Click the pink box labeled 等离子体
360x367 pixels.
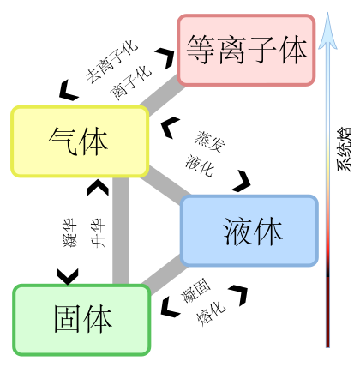(246, 50)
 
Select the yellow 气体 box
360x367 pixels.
(80, 141)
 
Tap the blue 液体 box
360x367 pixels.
(249, 231)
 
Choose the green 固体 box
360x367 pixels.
(81, 320)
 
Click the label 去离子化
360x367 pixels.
(112, 63)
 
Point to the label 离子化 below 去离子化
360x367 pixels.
(130, 83)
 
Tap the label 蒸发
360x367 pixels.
(210, 142)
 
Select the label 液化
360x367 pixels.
(199, 165)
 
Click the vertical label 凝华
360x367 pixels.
(69, 232)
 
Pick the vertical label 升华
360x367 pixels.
(98, 233)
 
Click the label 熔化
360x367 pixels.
(211, 313)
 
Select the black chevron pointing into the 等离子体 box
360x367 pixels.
(165, 58)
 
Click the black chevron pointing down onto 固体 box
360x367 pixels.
(68, 277)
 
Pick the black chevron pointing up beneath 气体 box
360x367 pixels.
(98, 188)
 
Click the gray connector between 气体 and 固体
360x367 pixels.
(120, 231)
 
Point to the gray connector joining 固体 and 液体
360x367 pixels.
(165, 275)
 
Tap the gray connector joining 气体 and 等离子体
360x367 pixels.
(162, 96)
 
